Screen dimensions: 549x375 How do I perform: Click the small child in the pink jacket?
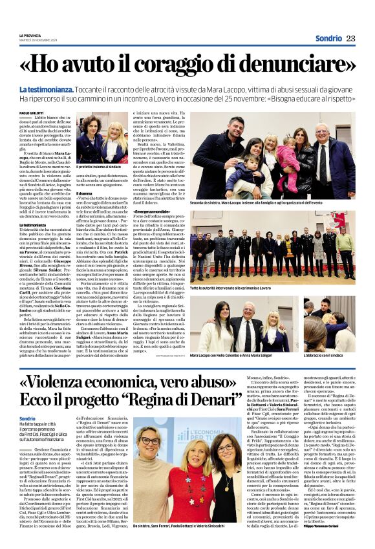(x=286, y=159)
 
